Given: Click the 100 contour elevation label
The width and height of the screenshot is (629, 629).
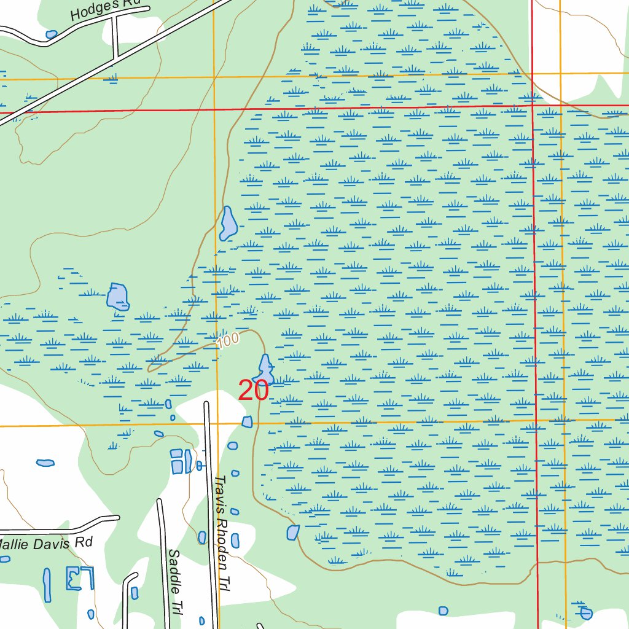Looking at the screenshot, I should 228,342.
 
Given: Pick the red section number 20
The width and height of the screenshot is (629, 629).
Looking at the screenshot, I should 253,391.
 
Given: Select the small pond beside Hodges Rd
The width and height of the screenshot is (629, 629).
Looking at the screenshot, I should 52,34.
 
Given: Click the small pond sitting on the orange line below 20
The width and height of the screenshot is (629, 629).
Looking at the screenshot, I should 248,421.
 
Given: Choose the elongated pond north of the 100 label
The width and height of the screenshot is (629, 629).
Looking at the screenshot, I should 229,224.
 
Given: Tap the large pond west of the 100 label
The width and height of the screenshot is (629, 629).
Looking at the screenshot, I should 117,297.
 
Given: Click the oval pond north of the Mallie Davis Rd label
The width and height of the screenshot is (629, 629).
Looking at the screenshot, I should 45,462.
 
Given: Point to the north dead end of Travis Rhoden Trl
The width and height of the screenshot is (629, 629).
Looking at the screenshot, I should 206,404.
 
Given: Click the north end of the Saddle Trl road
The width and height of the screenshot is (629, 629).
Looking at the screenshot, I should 160,501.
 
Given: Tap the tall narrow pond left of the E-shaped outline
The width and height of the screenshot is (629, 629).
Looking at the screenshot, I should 47,584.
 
